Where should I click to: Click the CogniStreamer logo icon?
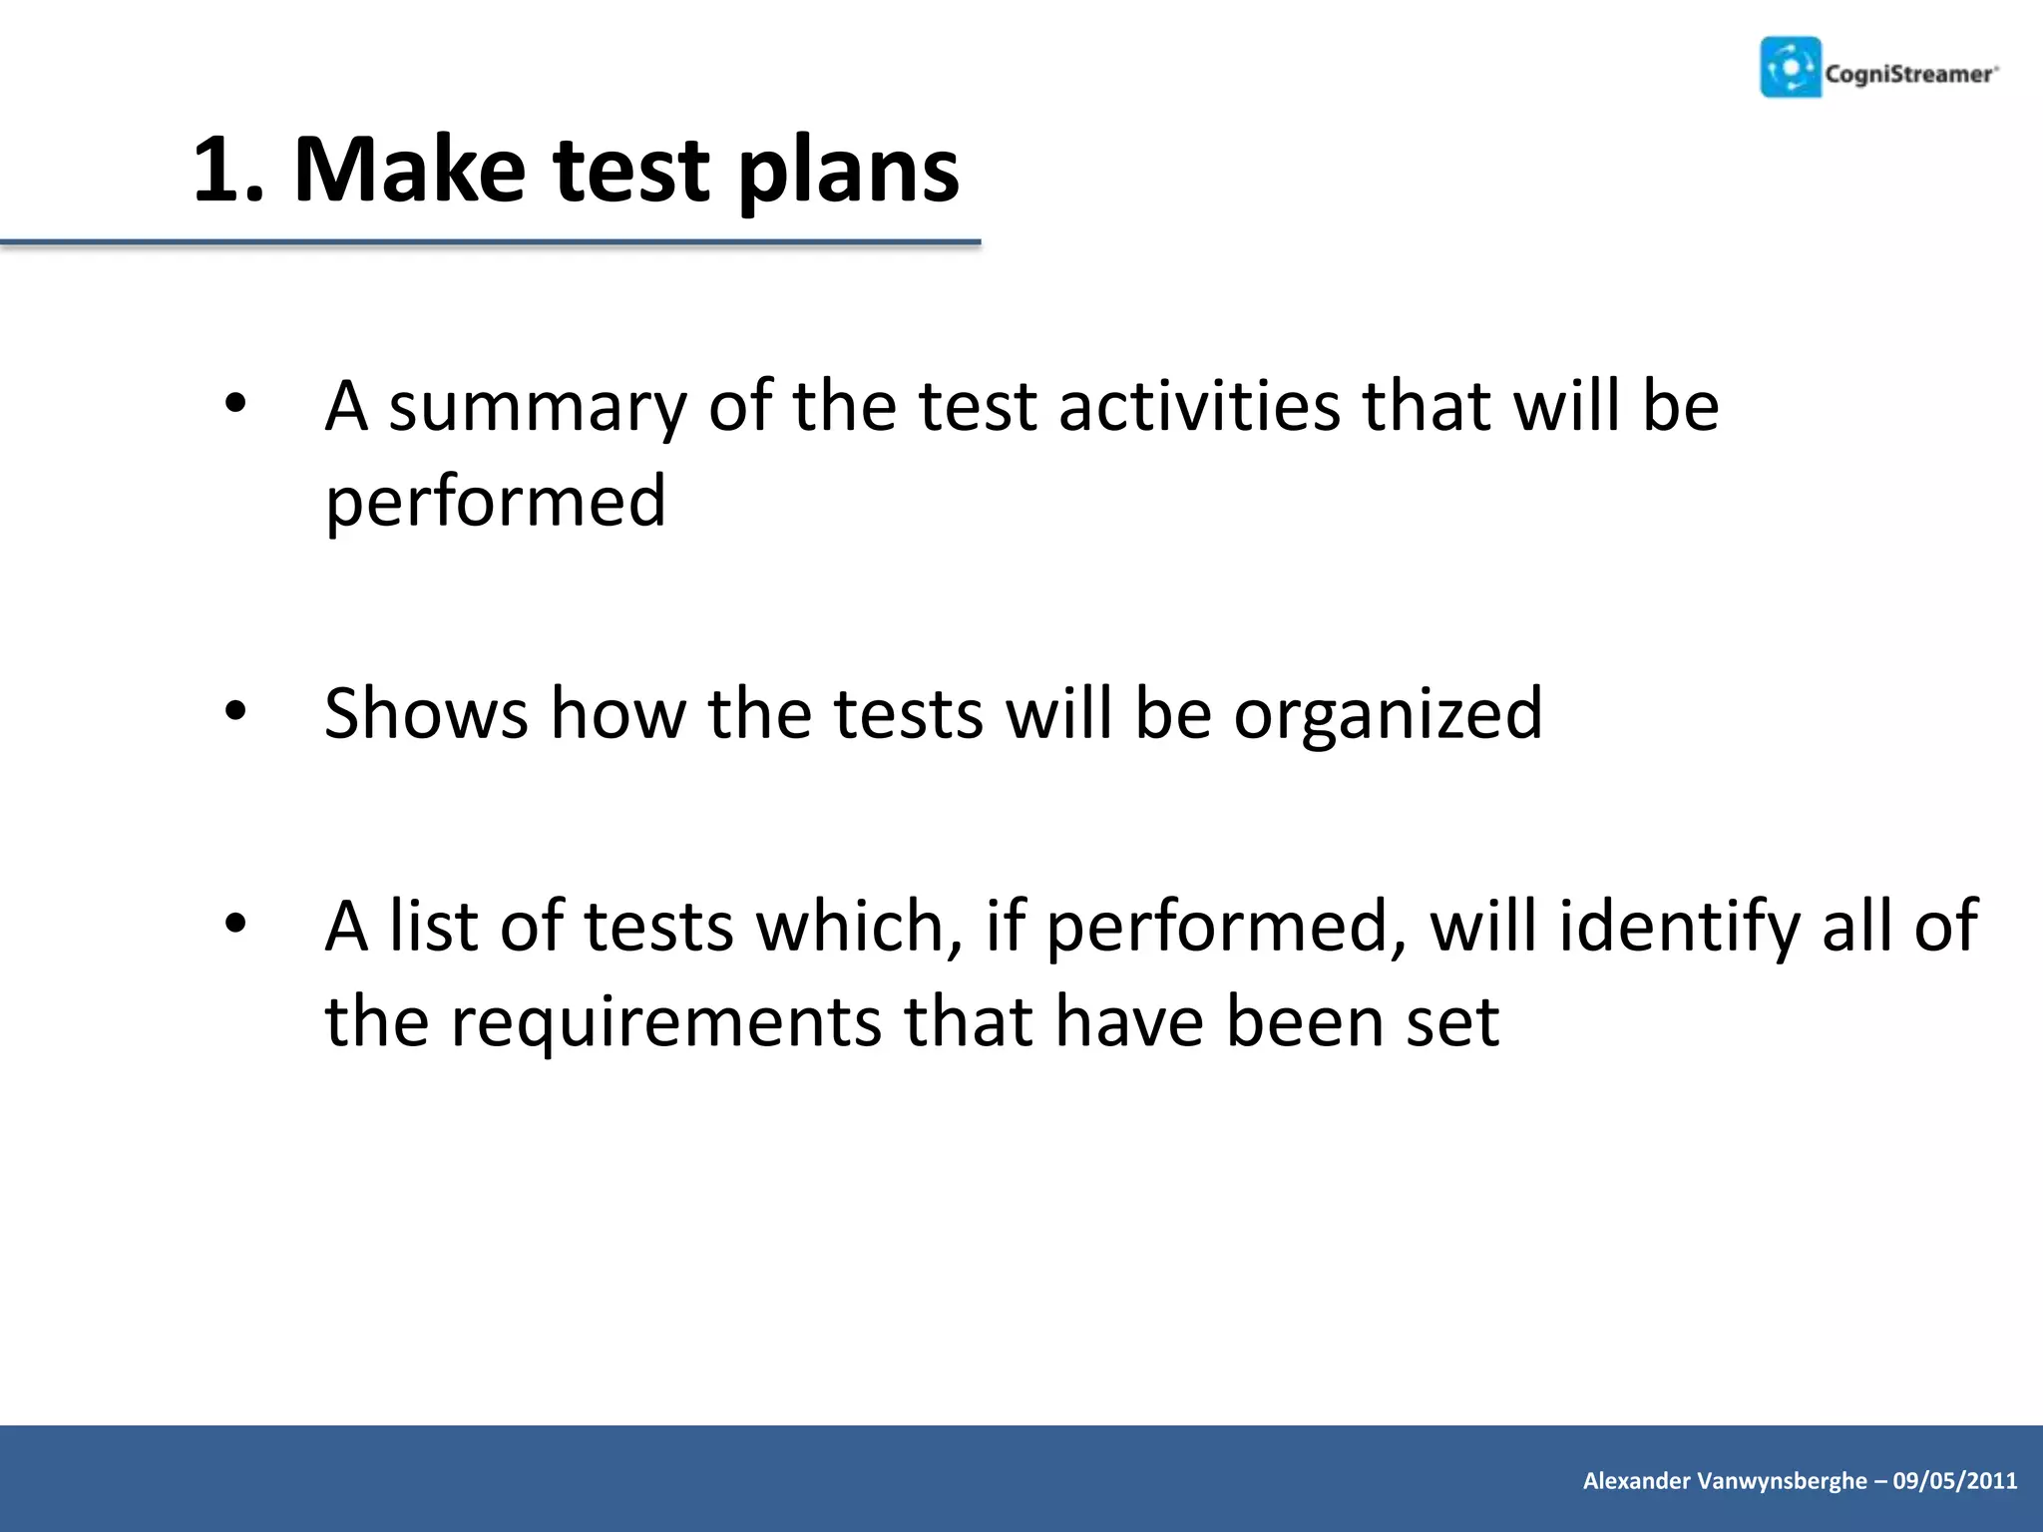(x=1791, y=68)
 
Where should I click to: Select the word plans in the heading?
(x=848, y=172)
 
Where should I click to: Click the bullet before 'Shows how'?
(x=235, y=711)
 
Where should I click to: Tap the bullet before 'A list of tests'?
(x=235, y=924)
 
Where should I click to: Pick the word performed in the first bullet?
(x=495, y=501)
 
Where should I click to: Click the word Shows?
(x=426, y=713)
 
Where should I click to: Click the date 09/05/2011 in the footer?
(x=1955, y=1480)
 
